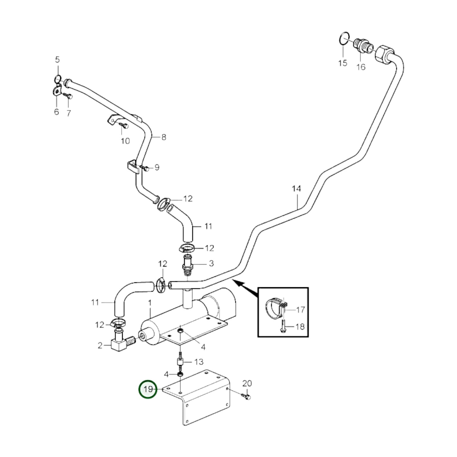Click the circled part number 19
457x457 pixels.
[x=148, y=389]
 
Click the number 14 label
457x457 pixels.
[x=296, y=189]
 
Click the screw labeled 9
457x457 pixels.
[x=145, y=169]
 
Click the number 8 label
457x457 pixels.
[x=164, y=137]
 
